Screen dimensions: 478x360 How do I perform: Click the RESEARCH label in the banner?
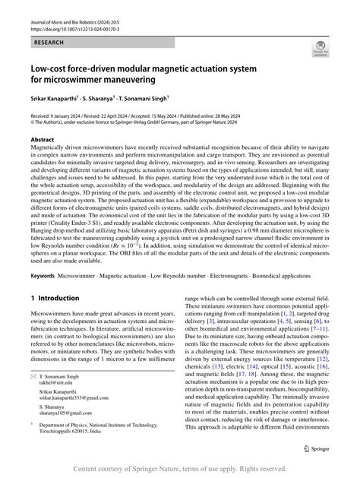48,44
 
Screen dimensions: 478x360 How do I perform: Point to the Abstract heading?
42,141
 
